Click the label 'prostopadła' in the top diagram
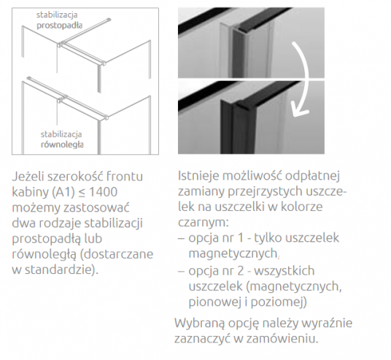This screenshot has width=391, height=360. [x=58, y=24]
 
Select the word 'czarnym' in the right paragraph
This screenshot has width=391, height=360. [x=202, y=223]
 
